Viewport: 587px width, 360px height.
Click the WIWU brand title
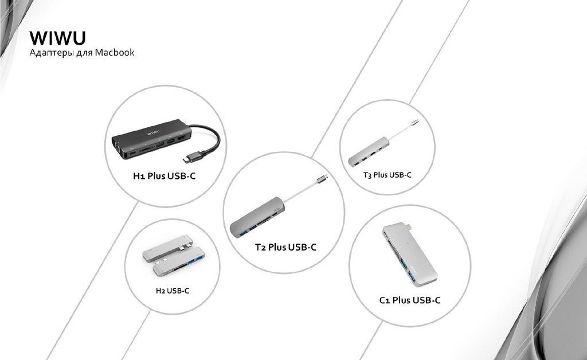pyautogui.click(x=58, y=38)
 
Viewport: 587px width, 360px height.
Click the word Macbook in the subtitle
pyautogui.click(x=115, y=52)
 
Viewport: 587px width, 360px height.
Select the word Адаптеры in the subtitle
pyautogui.click(x=51, y=53)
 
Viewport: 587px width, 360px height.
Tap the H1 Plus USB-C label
pyautogui.click(x=165, y=175)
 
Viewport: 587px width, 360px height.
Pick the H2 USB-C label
pyautogui.click(x=173, y=291)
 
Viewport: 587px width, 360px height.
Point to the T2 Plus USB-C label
pyautogui.click(x=285, y=247)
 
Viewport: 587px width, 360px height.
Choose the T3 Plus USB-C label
pyautogui.click(x=388, y=175)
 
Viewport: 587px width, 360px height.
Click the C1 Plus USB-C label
pyautogui.click(x=410, y=300)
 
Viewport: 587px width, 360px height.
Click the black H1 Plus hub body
pyautogui.click(x=151, y=139)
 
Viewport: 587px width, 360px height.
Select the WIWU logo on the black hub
pyautogui.click(x=152, y=132)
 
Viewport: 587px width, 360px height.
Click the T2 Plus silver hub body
pyautogui.click(x=257, y=217)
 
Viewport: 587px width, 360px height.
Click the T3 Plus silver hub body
pyautogui.click(x=369, y=151)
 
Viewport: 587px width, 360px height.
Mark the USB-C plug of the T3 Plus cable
pyautogui.click(x=414, y=122)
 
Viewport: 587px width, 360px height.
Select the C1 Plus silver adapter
pyautogui.click(x=409, y=254)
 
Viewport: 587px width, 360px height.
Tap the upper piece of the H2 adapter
pyautogui.click(x=167, y=248)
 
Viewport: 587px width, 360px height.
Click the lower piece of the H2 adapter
pyautogui.click(x=179, y=261)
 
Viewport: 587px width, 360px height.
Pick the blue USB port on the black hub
pyautogui.click(x=171, y=142)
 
